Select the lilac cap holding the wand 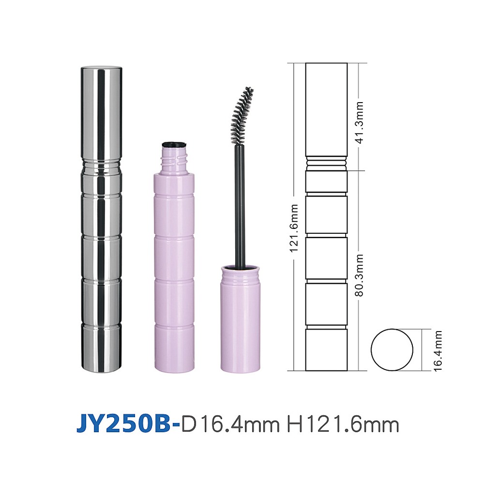(240, 318)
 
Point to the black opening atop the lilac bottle (174, 144)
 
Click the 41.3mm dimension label (360, 122)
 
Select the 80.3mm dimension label (360, 275)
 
